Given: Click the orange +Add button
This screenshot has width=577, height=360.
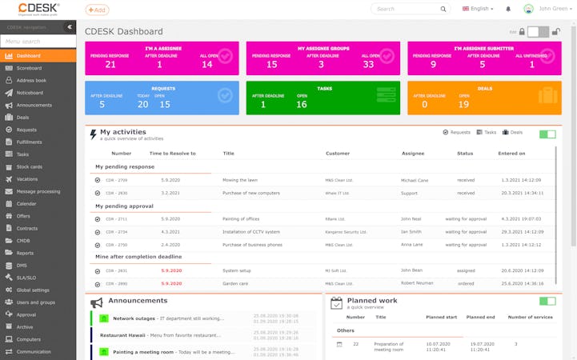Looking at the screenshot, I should (97, 10).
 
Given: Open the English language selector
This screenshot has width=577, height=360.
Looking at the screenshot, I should (478, 9).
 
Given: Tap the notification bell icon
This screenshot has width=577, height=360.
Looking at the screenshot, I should (508, 9).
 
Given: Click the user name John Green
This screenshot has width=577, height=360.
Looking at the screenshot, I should (554, 9).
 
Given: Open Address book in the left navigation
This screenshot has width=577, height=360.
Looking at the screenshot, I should (31, 80).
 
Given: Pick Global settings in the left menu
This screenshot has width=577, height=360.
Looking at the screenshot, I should (33, 290).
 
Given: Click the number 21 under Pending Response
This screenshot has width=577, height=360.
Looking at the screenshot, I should (110, 64).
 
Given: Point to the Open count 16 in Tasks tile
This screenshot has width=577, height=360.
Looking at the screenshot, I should (302, 104).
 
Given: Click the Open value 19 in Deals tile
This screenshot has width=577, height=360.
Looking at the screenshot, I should (463, 104).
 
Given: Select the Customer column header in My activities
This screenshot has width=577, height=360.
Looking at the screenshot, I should (337, 153).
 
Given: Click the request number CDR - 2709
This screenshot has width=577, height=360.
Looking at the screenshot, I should (117, 181).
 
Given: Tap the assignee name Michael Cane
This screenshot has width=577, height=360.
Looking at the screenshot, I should (415, 181).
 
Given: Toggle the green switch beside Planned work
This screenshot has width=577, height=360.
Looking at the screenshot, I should (547, 302).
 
